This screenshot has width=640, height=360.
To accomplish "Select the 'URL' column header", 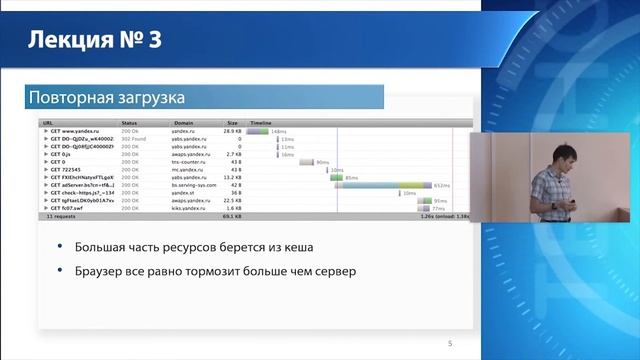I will click(x=47, y=123).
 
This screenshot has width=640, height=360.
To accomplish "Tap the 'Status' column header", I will click(x=129, y=123).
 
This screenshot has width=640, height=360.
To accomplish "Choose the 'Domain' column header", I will click(x=184, y=123).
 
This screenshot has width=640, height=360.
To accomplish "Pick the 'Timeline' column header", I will click(x=260, y=123).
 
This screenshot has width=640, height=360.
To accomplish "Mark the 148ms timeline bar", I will click(x=257, y=131).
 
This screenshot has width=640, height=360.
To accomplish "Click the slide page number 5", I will click(x=449, y=344).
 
